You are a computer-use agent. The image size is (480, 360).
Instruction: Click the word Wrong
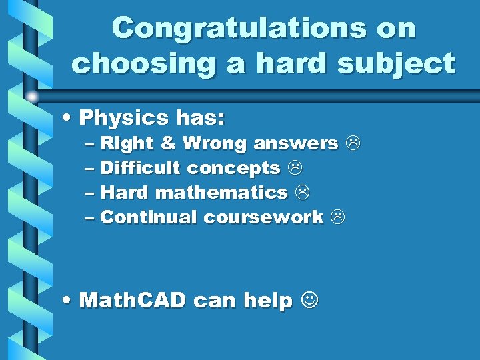click(215, 143)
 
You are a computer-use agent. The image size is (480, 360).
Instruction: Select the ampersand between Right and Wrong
click(168, 143)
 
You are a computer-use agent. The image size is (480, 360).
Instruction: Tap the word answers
click(295, 143)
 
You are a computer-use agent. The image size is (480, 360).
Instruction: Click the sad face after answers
click(352, 143)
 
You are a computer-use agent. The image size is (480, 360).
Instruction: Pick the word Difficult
click(140, 168)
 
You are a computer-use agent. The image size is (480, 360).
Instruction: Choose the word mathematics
click(221, 193)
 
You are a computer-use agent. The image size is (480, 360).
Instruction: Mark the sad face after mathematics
click(301, 193)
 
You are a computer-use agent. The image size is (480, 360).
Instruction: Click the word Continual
click(149, 217)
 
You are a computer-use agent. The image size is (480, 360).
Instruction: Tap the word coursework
click(263, 217)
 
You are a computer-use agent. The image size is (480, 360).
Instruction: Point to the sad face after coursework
click(337, 217)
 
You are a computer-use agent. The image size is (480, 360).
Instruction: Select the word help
click(268, 301)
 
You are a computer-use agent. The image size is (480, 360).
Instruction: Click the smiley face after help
click(309, 301)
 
